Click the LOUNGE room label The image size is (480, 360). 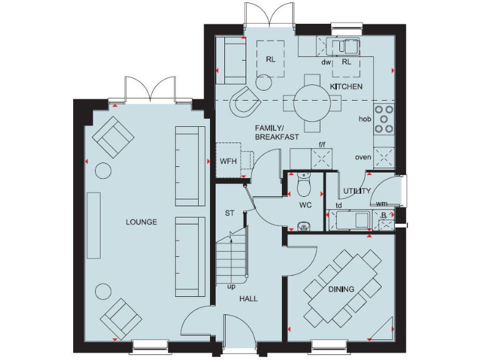pyautogui.click(x=141, y=222)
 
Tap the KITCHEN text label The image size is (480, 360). pyautogui.click(x=346, y=86)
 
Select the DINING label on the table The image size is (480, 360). pyautogui.click(x=341, y=289)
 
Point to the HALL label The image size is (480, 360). pyautogui.click(x=248, y=299)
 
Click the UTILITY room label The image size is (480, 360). pyautogui.click(x=357, y=191)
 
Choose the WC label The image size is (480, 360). pyautogui.click(x=305, y=204)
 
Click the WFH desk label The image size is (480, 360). pyautogui.click(x=227, y=161)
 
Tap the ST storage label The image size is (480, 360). pyautogui.click(x=230, y=213)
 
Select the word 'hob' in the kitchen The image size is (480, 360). pyautogui.click(x=365, y=119)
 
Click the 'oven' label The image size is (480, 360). pyautogui.click(x=363, y=157)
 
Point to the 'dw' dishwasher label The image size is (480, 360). pyautogui.click(x=326, y=62)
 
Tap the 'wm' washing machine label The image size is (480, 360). pyautogui.click(x=381, y=204)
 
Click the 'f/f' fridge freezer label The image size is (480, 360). pyautogui.click(x=322, y=145)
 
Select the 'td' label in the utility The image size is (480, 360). pyautogui.click(x=338, y=205)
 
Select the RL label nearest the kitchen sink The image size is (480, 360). pyautogui.click(x=347, y=62)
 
